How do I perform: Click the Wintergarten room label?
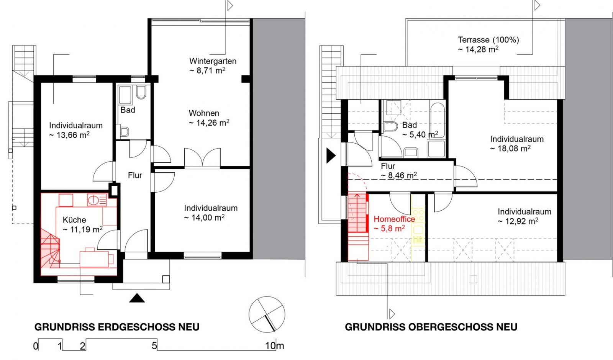pyautogui.click(x=213, y=61)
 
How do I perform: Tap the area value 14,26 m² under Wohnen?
pyautogui.click(x=209, y=123)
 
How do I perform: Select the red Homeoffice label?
pyautogui.click(x=394, y=219)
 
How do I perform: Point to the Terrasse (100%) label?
pyautogui.click(x=488, y=40)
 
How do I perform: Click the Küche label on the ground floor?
pyautogui.click(x=74, y=220)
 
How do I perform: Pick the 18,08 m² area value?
pyautogui.click(x=510, y=149)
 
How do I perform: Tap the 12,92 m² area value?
pyautogui.click(x=518, y=221)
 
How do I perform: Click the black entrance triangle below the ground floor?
pyautogui.click(x=137, y=298)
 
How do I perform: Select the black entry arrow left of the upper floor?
pyautogui.click(x=331, y=156)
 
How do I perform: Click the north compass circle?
pyautogui.click(x=267, y=314)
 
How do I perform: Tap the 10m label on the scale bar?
pyautogui.click(x=274, y=346)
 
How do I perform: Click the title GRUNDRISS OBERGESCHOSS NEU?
pyautogui.click(x=431, y=327)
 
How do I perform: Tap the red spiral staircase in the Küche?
pyautogui.click(x=50, y=249)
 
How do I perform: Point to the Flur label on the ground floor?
pyautogui.click(x=135, y=175)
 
